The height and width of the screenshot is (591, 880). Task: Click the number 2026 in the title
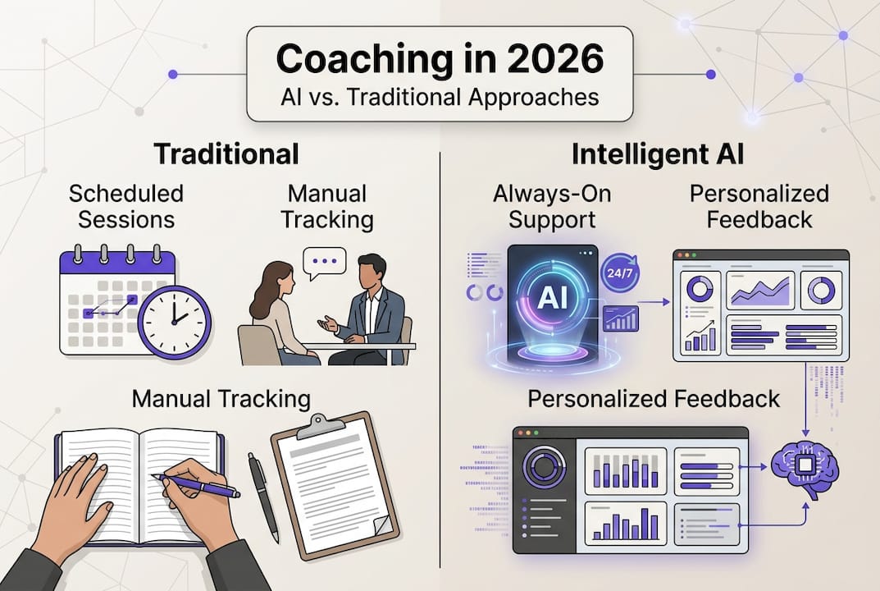tap(555, 58)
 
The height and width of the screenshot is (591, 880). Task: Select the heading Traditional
tap(226, 154)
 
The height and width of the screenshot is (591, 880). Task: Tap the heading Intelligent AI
tap(657, 154)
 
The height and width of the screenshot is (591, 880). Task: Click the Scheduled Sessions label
tap(126, 206)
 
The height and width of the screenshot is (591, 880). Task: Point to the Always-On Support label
tap(552, 206)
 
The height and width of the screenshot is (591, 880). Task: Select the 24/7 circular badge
tap(619, 274)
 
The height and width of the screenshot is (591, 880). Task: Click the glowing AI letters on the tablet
tap(552, 298)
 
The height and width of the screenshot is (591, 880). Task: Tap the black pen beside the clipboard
tap(263, 497)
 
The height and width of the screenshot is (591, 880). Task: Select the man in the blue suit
tap(365, 309)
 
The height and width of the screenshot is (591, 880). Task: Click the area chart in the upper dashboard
tap(760, 291)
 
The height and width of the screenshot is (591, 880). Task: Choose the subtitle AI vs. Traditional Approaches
tap(440, 97)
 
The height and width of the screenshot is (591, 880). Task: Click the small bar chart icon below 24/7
tap(621, 318)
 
